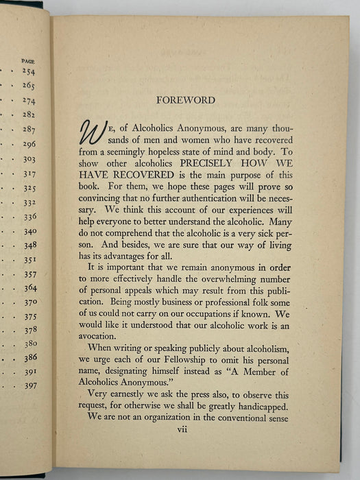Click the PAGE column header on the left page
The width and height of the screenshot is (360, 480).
coord(28,61)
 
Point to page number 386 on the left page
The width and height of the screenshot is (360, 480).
coord(31,358)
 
